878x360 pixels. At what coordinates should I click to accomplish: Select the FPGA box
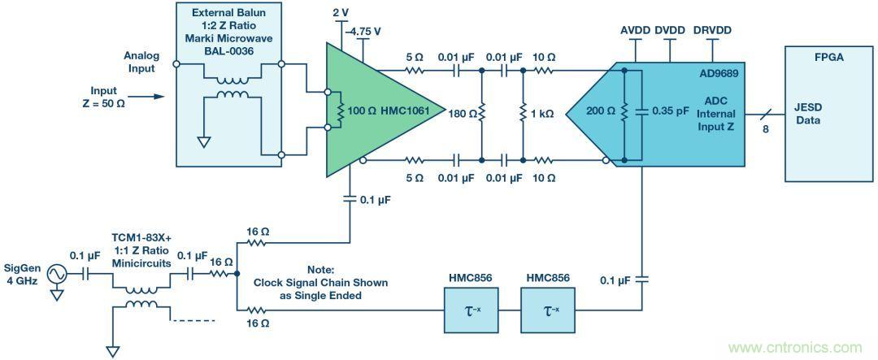826,113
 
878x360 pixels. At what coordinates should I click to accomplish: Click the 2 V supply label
341,14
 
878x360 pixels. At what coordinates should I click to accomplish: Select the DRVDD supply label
712,30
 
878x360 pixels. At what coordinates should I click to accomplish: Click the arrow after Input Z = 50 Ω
147,97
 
